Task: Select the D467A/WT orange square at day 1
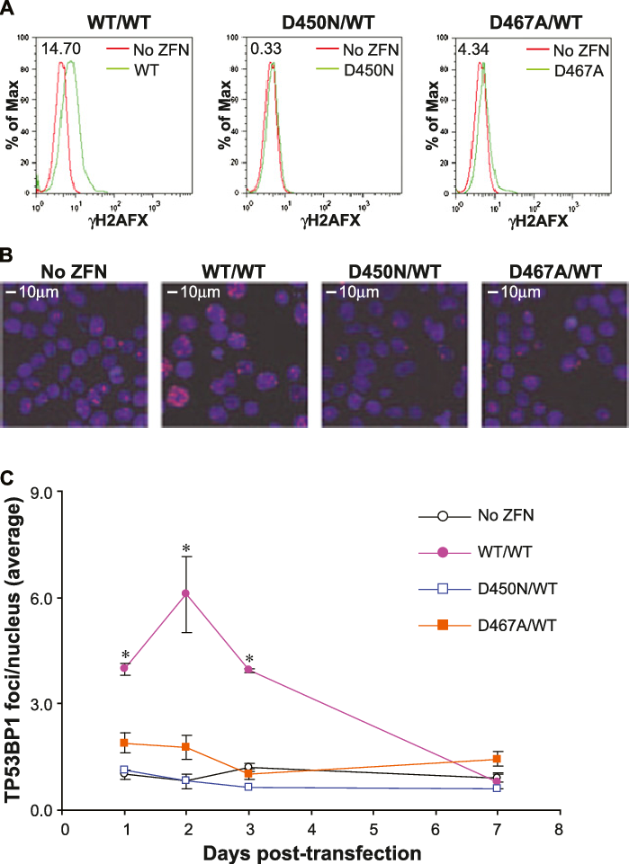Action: (x=124, y=744)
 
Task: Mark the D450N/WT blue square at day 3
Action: (x=248, y=787)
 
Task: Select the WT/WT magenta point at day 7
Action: (x=497, y=780)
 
